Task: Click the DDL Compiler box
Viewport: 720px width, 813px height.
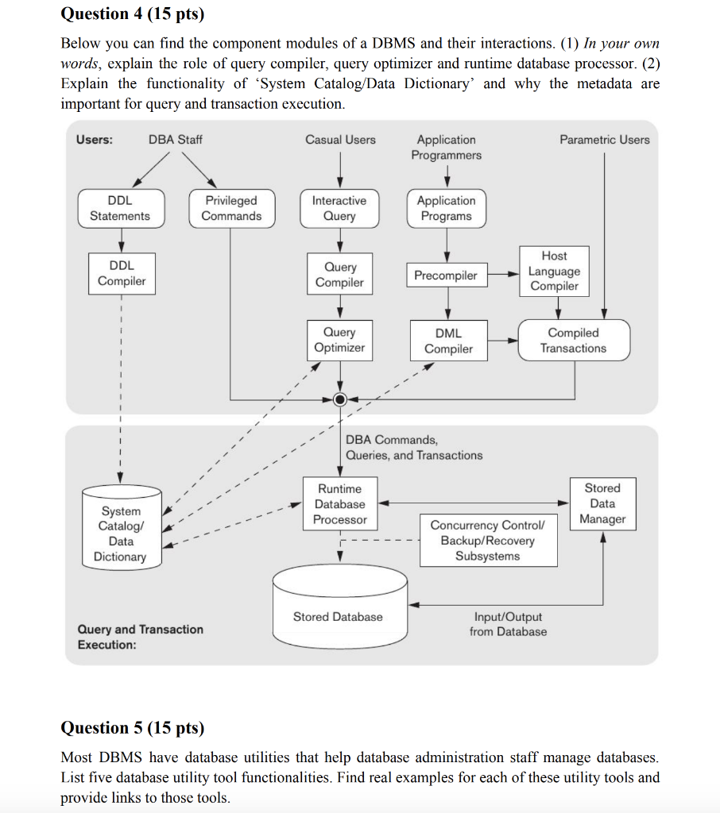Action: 122,273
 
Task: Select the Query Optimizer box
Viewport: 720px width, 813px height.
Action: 339,340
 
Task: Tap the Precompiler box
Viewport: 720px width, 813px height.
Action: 446,275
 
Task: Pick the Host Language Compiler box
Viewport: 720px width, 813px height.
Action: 554,271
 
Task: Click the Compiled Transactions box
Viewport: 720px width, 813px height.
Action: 573,341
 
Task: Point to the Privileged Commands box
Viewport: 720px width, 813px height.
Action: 231,208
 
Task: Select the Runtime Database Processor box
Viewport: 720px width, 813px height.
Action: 339,504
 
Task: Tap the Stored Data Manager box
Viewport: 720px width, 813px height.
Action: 602,503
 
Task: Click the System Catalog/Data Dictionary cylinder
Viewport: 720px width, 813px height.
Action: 121,527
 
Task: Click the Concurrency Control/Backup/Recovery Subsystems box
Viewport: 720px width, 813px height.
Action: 488,541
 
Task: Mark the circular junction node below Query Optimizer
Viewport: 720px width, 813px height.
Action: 340,399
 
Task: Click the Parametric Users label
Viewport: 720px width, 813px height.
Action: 604,140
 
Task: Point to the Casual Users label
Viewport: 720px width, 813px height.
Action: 340,140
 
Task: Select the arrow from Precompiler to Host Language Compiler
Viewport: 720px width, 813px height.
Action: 502,275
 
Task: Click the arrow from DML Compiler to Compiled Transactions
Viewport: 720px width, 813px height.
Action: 501,341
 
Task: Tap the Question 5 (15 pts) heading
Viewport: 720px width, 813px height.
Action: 133,728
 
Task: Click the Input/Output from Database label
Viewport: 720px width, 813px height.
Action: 508,624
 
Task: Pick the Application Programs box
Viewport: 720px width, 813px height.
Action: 446,208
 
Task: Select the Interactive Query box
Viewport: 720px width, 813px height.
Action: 339,208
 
